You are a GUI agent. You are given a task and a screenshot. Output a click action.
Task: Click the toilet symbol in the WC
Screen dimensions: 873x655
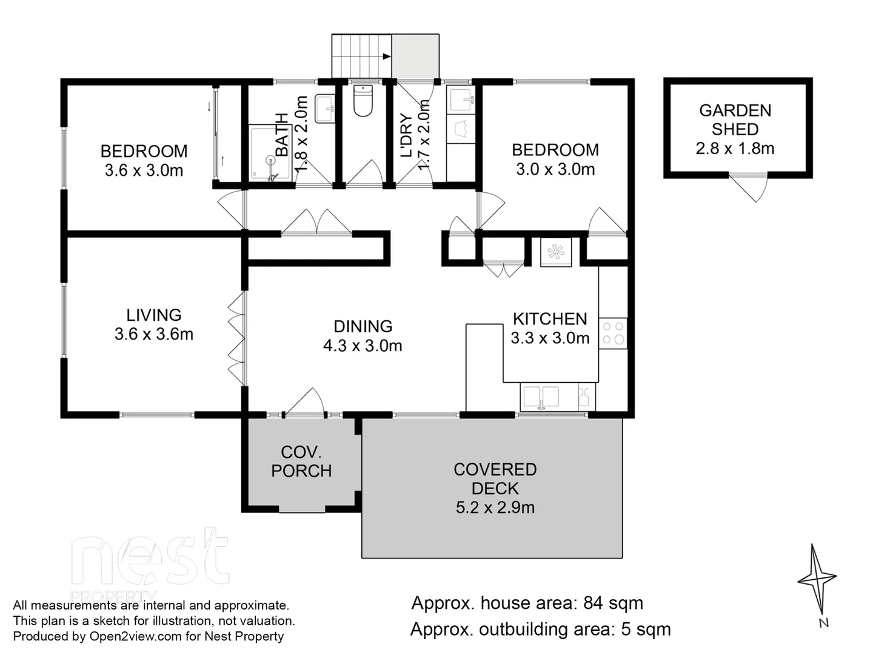[363, 101]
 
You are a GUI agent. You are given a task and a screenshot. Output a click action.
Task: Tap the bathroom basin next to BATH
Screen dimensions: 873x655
[325, 108]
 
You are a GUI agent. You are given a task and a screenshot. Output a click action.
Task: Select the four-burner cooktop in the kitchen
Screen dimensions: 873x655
[612, 334]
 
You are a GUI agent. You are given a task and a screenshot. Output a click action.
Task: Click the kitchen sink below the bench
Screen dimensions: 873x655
[541, 397]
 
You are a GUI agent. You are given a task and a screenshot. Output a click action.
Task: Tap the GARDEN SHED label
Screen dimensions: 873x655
[735, 119]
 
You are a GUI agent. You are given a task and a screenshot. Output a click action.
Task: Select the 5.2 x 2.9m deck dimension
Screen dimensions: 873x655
[495, 508]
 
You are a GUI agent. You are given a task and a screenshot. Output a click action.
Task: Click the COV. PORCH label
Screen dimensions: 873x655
[301, 462]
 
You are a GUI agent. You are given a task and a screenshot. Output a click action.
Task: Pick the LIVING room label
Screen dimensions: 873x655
[154, 315]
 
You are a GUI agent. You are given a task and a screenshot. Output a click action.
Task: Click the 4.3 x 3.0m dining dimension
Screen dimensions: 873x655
[363, 346]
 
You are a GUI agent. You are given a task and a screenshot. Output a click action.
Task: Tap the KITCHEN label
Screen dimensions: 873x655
[550, 319]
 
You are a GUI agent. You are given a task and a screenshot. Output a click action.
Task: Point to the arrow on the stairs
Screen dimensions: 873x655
[386, 56]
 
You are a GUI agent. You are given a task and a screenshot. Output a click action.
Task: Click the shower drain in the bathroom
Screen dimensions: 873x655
[271, 161]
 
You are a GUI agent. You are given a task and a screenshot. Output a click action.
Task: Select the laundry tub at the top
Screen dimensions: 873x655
[461, 100]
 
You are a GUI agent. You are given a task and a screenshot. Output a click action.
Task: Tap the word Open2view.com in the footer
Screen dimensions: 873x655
[135, 637]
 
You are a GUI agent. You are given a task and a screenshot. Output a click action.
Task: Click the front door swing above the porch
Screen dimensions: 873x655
[305, 401]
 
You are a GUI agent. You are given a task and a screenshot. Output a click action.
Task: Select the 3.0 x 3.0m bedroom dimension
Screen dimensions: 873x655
[555, 169]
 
